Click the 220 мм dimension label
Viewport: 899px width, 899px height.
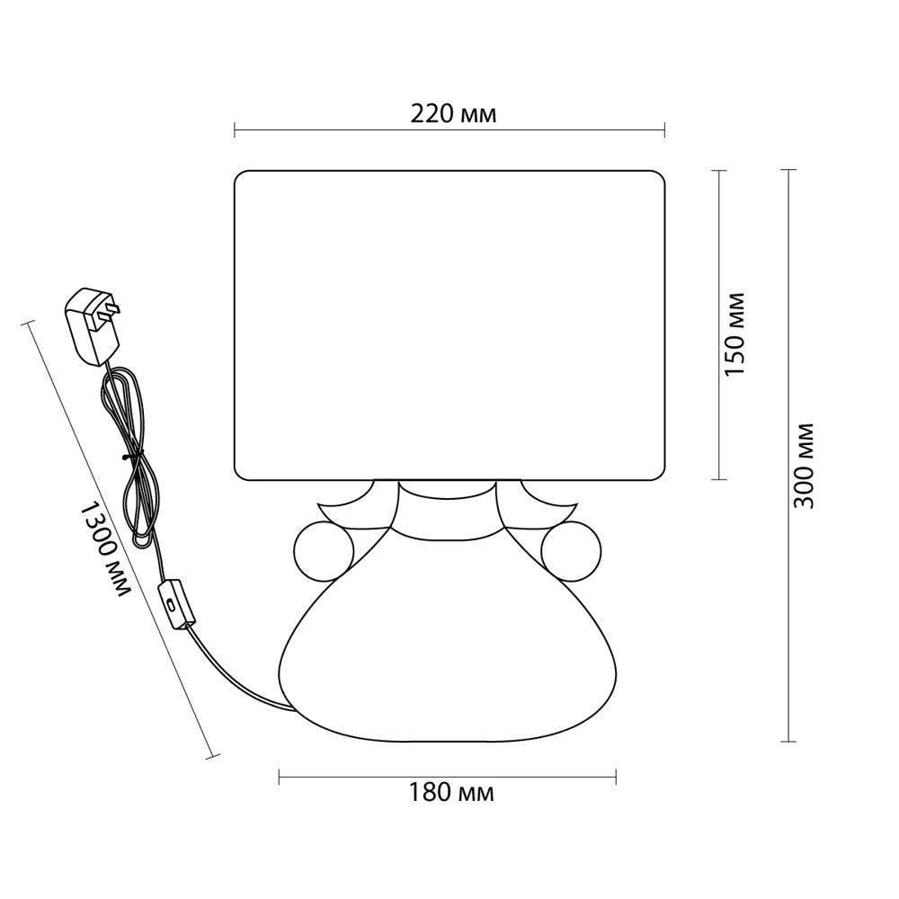click(x=453, y=115)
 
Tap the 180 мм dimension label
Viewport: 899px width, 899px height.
click(x=450, y=793)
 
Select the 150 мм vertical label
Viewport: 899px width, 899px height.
click(x=735, y=334)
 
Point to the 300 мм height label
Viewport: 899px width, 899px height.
click(x=803, y=466)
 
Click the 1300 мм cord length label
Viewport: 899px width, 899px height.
click(x=103, y=548)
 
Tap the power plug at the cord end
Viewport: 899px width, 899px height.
click(x=92, y=325)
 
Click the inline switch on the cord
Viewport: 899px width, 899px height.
click(x=176, y=605)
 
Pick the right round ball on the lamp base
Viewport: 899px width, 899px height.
click(x=572, y=550)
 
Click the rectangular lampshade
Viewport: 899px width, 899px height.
click(x=449, y=325)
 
